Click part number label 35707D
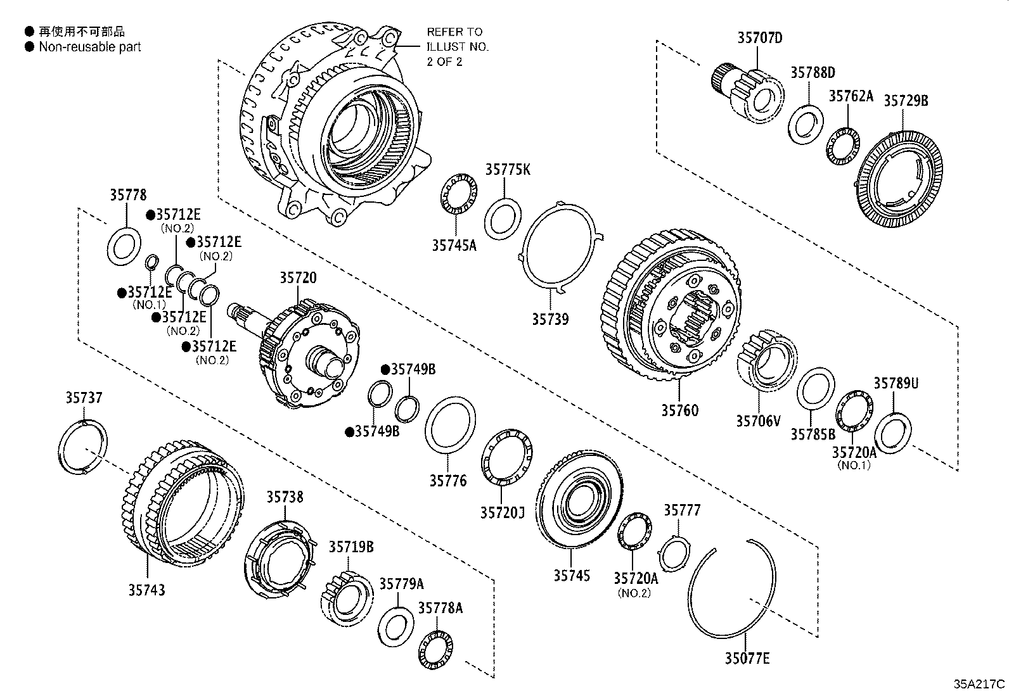tap(759, 37)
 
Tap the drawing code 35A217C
tap(979, 684)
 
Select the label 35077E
tap(747, 659)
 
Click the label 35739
tap(549, 319)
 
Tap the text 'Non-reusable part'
tap(89, 47)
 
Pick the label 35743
tap(146, 590)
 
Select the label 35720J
tap(502, 512)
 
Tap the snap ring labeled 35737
tap(83, 446)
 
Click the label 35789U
tap(896, 383)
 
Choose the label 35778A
tap(440, 608)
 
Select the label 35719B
tap(350, 547)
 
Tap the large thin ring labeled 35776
tap(449, 425)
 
